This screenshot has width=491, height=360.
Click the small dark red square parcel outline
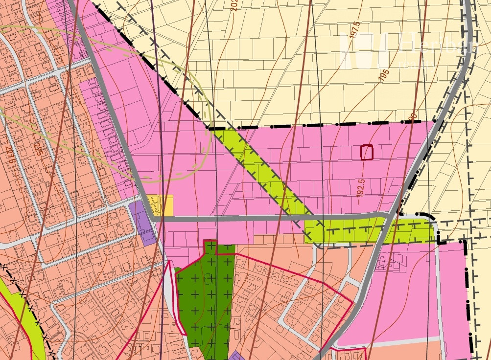(x=367, y=153)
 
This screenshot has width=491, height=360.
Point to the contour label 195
(x=384, y=75)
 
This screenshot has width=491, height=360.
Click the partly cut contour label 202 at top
(x=234, y=5)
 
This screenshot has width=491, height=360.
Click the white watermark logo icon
(x=364, y=51)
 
